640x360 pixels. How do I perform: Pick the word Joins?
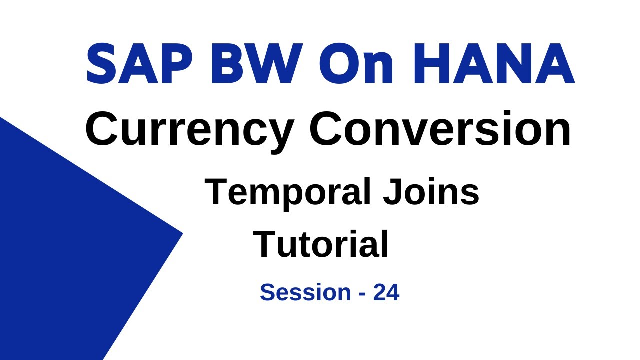tap(431, 192)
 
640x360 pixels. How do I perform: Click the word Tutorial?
tap(321, 244)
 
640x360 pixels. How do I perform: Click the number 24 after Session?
tap(386, 292)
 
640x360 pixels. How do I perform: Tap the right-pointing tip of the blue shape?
tap(181, 233)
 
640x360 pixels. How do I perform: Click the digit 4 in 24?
tap(393, 292)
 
